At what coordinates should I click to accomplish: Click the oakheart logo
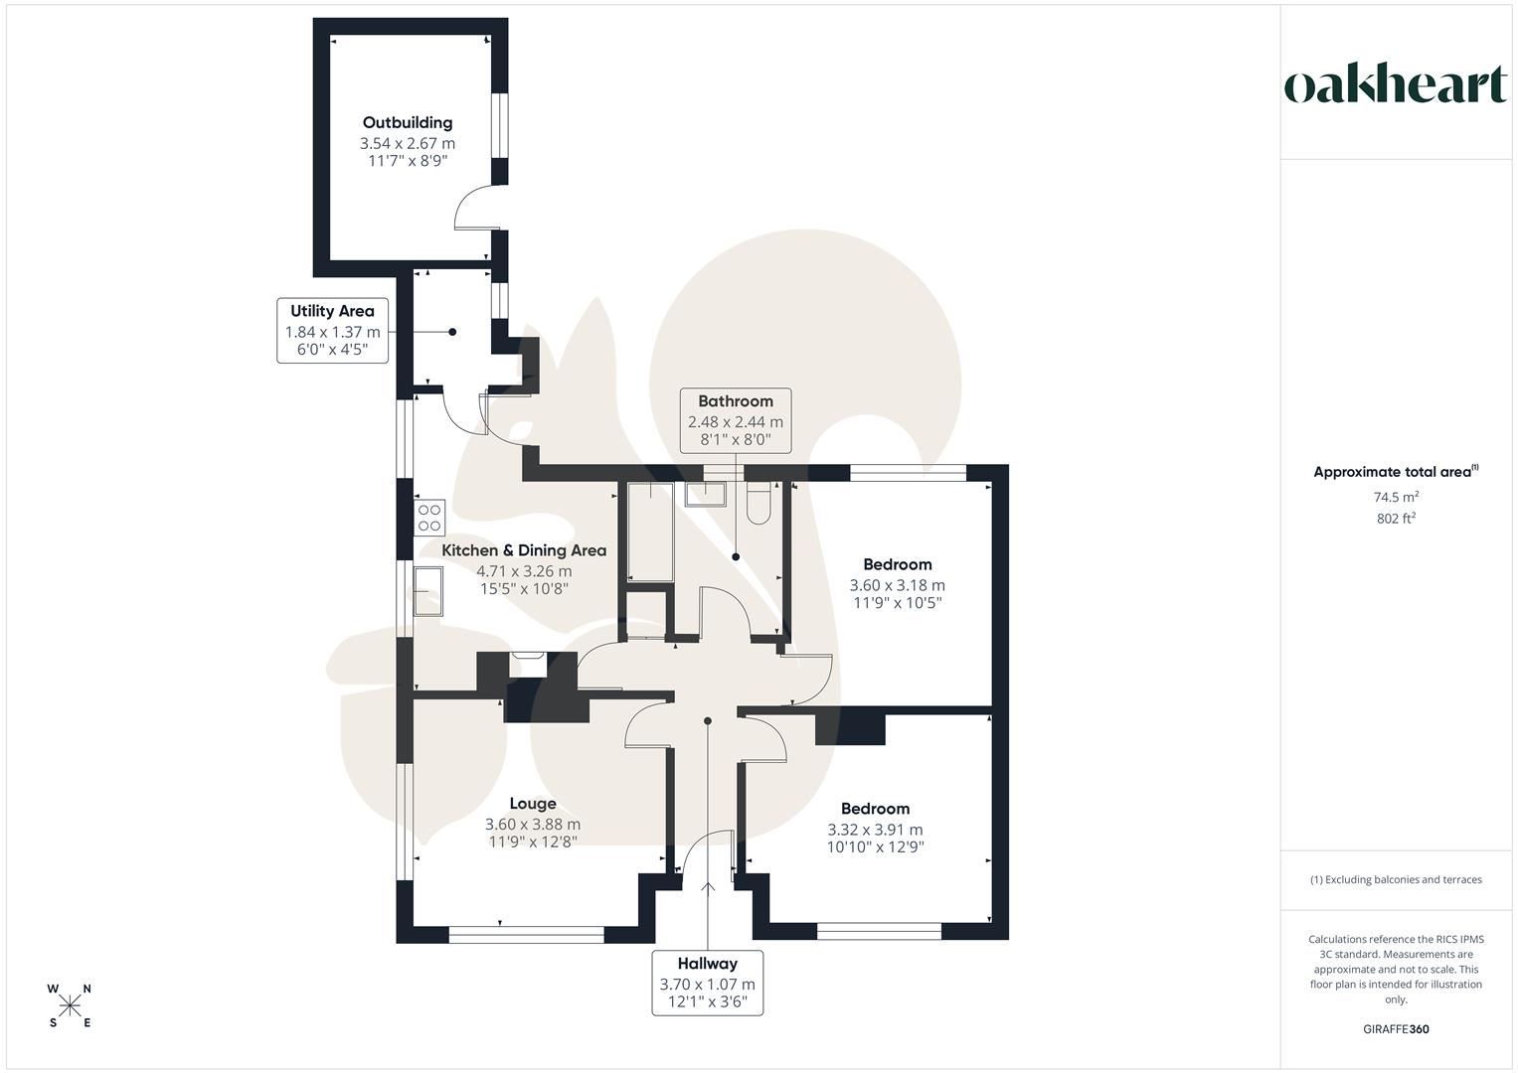pyautogui.click(x=1396, y=85)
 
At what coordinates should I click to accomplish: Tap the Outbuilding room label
pyautogui.click(x=408, y=122)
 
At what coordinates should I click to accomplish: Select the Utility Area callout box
pyautogui.click(x=332, y=331)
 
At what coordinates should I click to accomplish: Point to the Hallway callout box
pyautogui.click(x=707, y=982)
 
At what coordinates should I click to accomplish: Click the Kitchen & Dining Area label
pyautogui.click(x=524, y=550)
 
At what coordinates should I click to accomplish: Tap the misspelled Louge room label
pyautogui.click(x=533, y=804)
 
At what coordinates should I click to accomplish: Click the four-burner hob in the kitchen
pyautogui.click(x=429, y=518)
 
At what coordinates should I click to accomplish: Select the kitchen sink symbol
pyautogui.click(x=428, y=591)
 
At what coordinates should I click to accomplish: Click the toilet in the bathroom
pyautogui.click(x=759, y=503)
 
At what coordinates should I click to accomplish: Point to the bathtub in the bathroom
pyautogui.click(x=651, y=532)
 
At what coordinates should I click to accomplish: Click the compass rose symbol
pyautogui.click(x=70, y=1005)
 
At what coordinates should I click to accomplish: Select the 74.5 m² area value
pyautogui.click(x=1396, y=497)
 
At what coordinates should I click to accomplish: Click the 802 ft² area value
pyautogui.click(x=1396, y=518)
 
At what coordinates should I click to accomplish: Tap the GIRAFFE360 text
pyautogui.click(x=1396, y=1029)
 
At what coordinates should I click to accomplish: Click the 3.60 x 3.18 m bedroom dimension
pyautogui.click(x=897, y=585)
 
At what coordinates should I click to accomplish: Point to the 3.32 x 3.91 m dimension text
pyautogui.click(x=875, y=830)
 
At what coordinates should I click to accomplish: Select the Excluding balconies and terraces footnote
pyautogui.click(x=1396, y=879)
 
